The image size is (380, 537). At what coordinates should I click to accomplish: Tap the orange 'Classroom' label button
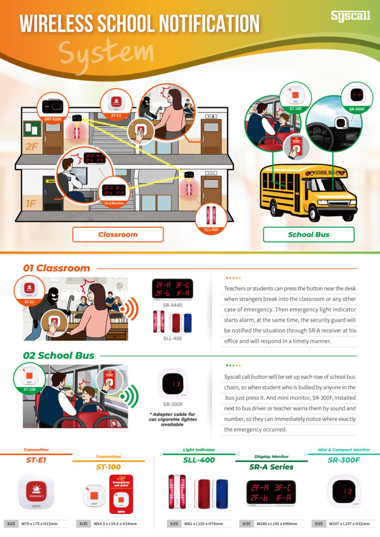118,234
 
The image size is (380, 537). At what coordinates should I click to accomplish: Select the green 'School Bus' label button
308,234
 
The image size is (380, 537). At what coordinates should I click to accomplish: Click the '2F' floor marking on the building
31,146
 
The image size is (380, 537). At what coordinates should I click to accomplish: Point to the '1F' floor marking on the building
30,203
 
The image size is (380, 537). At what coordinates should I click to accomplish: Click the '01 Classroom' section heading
56,268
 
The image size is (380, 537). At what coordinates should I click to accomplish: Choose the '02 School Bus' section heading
58,355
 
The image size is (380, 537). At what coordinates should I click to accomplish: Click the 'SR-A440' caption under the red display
172,305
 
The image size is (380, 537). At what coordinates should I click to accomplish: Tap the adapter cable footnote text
172,419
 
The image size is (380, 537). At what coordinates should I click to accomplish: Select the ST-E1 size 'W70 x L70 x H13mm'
40,523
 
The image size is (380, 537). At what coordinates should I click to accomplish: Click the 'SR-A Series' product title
271,467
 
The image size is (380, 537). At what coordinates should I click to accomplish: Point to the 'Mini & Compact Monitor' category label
344,449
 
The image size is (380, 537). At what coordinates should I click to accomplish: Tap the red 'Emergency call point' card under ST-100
121,495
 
